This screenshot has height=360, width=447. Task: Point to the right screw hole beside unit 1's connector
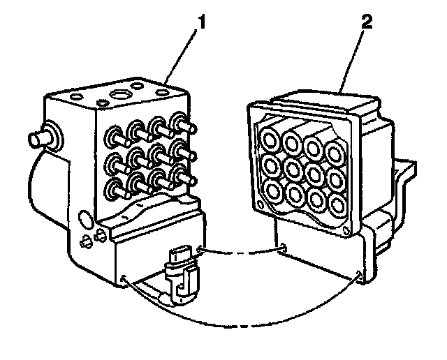click(200, 249)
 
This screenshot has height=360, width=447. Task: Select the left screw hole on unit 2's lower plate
click(281, 247)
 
